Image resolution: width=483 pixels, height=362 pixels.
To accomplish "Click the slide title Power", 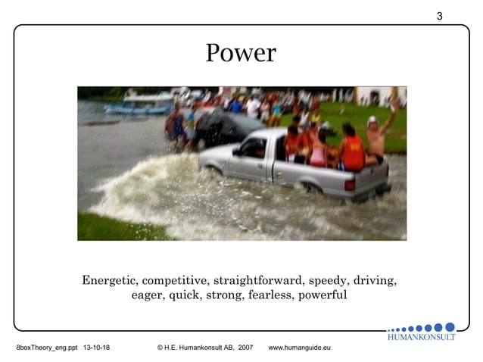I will [x=241, y=54].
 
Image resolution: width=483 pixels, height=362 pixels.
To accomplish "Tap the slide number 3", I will [x=439, y=16].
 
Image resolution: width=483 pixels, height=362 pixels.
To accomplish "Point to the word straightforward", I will [x=256, y=280].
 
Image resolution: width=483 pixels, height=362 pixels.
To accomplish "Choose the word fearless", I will [x=271, y=295].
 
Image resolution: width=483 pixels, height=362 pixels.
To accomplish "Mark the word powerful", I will [x=323, y=295].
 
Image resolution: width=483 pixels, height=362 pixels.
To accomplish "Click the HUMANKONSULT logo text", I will [x=421, y=337].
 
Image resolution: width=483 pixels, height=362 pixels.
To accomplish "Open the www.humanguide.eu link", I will [x=300, y=348].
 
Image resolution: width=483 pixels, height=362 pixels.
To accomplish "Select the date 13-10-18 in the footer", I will [x=96, y=348].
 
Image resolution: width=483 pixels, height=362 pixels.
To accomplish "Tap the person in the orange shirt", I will [x=352, y=150].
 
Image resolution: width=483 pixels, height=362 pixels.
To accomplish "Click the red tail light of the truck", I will [x=350, y=183].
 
